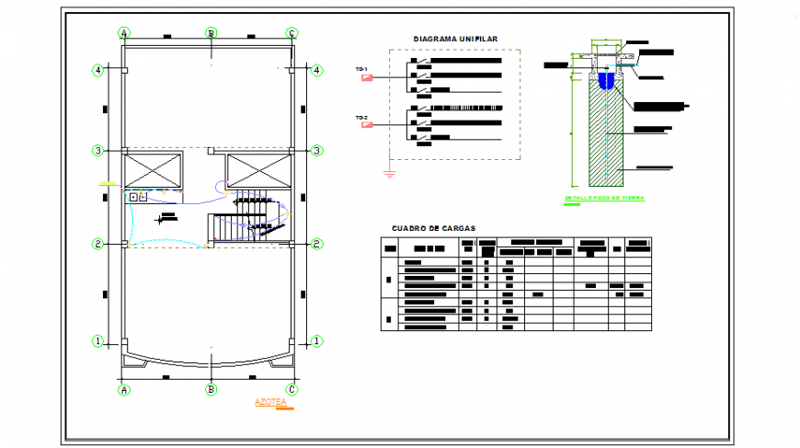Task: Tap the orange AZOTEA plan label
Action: (x=270, y=402)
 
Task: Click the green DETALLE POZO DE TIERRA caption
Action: (x=604, y=199)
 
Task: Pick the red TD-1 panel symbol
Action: (x=368, y=77)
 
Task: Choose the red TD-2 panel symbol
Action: (x=368, y=126)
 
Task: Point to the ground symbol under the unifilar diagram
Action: (x=390, y=173)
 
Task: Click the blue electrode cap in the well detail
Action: (x=606, y=81)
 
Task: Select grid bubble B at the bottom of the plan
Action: (x=211, y=389)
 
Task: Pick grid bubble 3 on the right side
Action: (x=316, y=150)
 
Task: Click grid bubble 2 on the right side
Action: (x=316, y=244)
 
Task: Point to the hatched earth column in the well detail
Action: (x=606, y=133)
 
